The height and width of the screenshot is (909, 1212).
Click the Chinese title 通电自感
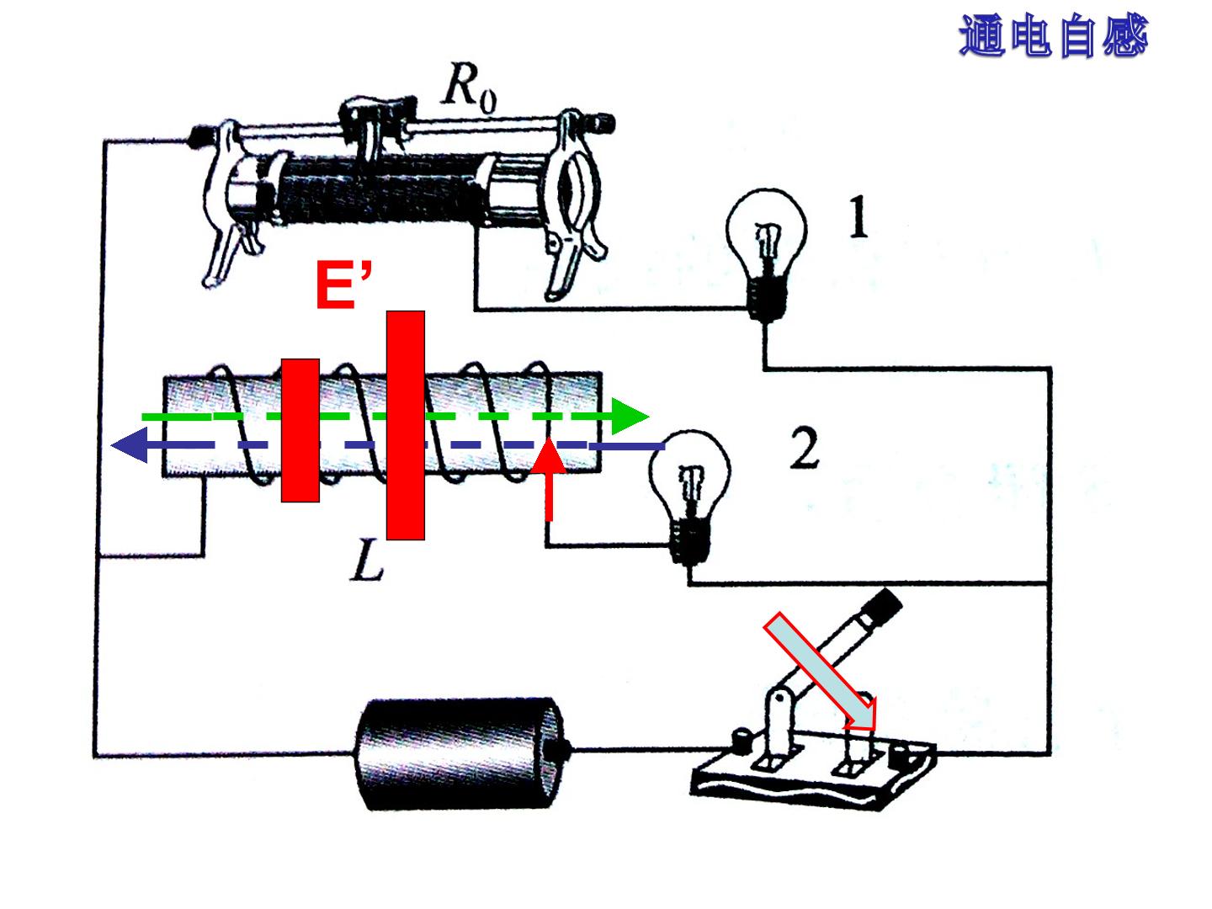tap(1054, 35)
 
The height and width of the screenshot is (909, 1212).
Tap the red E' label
tap(343, 284)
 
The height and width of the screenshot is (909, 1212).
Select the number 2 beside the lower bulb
tap(805, 449)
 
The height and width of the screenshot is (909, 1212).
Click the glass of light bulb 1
tap(767, 231)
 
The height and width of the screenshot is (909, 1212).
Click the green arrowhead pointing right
tap(630, 416)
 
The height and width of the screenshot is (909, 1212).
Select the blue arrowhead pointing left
tap(130, 445)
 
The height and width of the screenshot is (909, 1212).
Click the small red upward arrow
tap(548, 479)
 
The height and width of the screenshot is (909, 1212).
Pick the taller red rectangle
tap(406, 425)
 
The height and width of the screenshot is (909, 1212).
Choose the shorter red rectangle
tap(300, 430)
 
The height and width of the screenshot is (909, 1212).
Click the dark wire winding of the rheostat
tap(381, 189)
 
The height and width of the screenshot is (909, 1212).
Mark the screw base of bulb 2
tap(689, 541)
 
